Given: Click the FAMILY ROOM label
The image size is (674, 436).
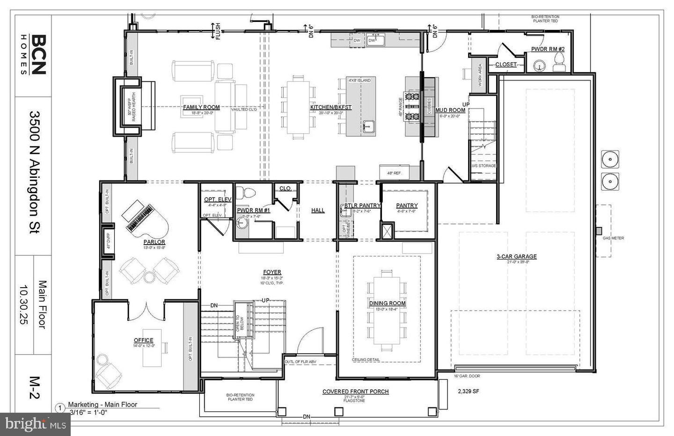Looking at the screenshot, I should [201, 107].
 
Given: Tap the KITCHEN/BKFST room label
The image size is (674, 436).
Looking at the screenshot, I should [330, 107].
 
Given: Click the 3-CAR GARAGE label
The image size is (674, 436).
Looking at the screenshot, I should [516, 256].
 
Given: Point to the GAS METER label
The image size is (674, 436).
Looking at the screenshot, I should [613, 238].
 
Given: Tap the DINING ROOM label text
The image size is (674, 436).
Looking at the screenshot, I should [387, 303].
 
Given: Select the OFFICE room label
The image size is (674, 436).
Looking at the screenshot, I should [143, 340].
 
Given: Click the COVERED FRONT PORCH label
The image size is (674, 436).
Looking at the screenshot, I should [355, 392].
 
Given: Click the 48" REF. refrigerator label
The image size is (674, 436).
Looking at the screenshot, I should [395, 173].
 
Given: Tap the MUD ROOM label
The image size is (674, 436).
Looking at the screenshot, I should [450, 110].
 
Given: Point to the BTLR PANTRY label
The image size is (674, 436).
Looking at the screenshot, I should [362, 205].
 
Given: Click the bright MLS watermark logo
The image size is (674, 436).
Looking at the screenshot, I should [34, 424].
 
